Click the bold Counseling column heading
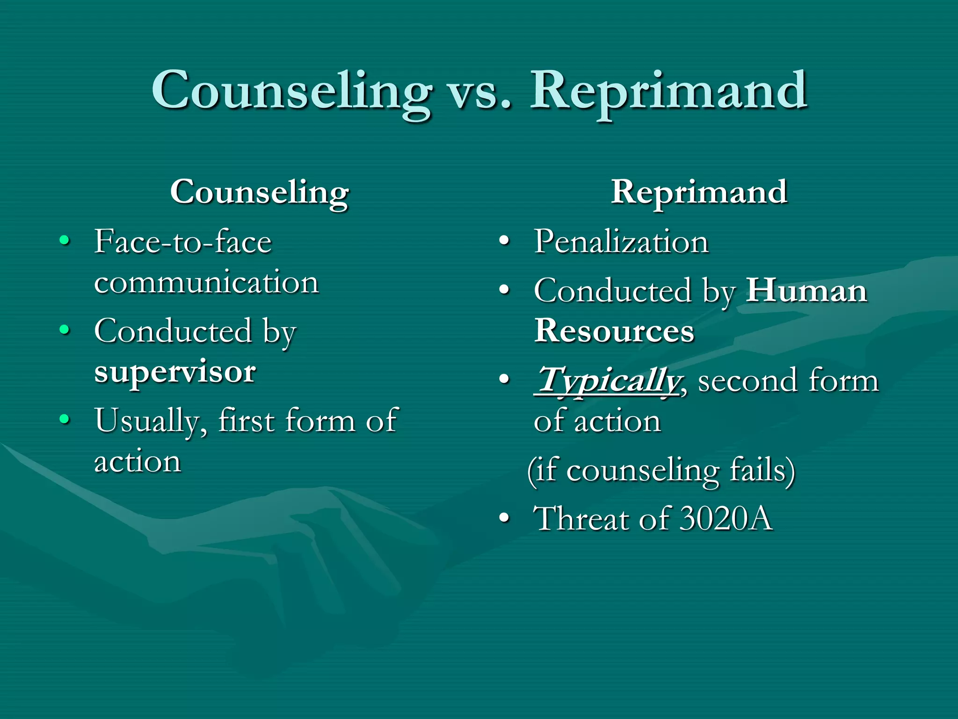tap(259, 192)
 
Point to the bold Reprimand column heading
tap(699, 192)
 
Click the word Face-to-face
tap(183, 242)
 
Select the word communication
tap(206, 283)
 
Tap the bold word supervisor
tap(174, 372)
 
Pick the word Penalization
tap(621, 242)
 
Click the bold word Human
tap(806, 291)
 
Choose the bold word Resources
tap(614, 331)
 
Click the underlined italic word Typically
tap(607, 381)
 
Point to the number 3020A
tap(726, 519)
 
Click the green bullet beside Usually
tap(65, 419)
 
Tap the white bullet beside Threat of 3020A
tap(504, 519)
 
